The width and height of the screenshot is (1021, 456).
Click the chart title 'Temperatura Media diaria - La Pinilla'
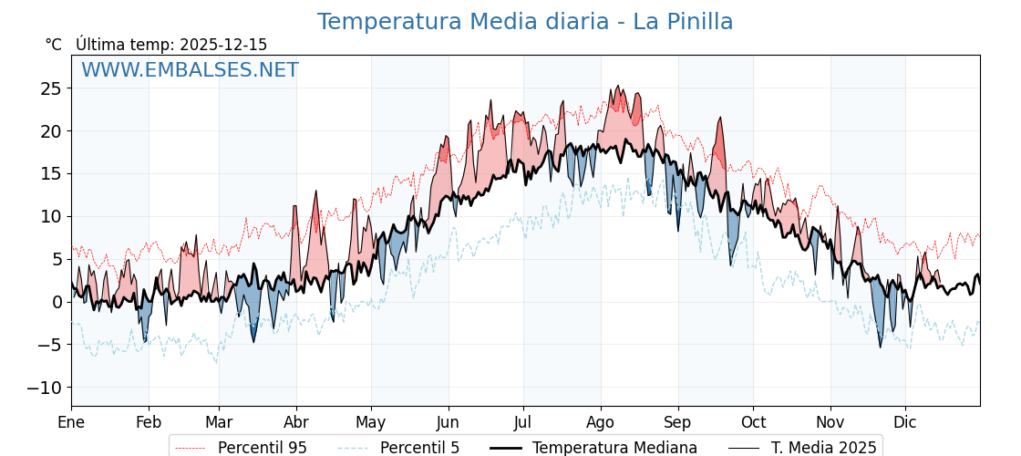tap(524, 22)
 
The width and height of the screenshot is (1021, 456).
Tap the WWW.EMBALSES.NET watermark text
tap(190, 70)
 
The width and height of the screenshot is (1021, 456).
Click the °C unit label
tap(54, 45)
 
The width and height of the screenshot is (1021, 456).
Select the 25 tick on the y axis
tap(51, 88)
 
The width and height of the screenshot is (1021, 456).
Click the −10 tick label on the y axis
tap(44, 388)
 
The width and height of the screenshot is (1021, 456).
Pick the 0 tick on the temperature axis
tap(57, 302)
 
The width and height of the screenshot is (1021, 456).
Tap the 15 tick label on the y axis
tap(51, 174)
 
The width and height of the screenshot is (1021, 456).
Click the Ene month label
tap(71, 422)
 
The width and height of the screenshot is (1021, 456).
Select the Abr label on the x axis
tap(296, 422)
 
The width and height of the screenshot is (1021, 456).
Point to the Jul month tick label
tap(523, 422)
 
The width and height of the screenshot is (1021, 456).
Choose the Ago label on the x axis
tap(601, 422)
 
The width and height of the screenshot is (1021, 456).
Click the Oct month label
tap(753, 422)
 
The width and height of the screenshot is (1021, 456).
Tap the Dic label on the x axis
tap(905, 422)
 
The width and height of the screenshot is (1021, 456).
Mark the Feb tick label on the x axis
tap(149, 422)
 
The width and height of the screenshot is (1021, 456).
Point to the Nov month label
tap(830, 422)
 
